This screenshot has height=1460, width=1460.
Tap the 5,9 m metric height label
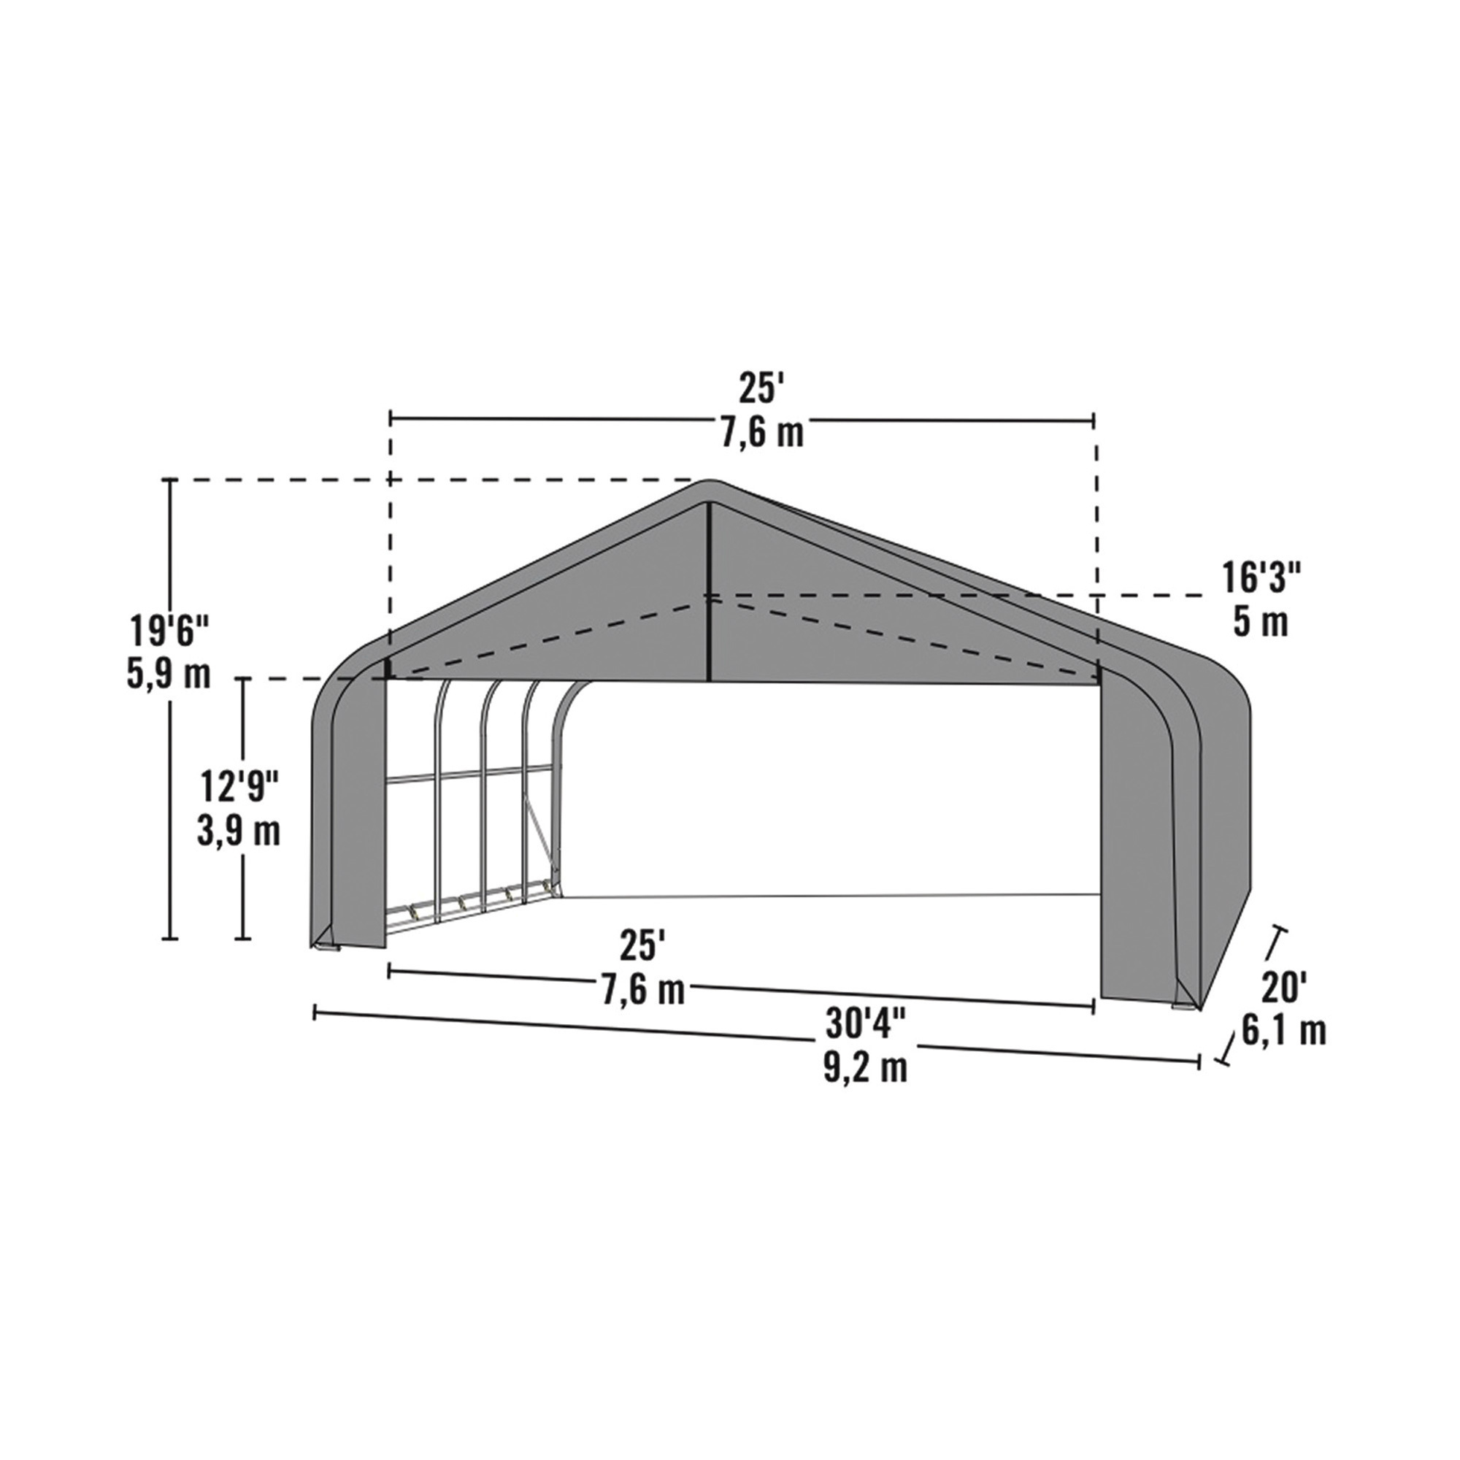(169, 674)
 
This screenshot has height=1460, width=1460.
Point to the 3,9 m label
(239, 831)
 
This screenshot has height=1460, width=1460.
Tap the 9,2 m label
(866, 1068)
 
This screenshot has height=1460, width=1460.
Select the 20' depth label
(1283, 987)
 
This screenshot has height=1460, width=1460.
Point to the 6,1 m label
(1284, 1030)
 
